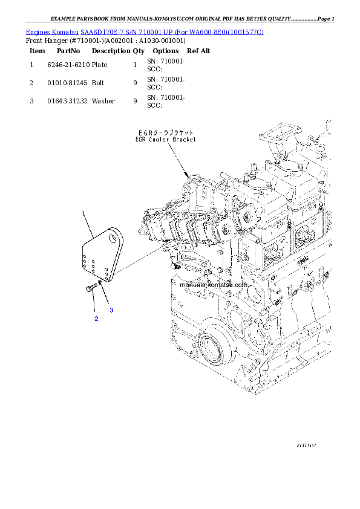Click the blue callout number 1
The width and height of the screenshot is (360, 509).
point(83,213)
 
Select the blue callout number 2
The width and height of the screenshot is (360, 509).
point(96,318)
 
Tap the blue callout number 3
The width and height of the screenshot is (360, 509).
point(111,310)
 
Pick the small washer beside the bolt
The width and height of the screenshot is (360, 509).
point(99,282)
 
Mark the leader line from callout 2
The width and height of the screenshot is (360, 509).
point(94,305)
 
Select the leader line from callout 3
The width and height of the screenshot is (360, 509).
point(105,296)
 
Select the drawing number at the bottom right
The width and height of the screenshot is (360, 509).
point(307,444)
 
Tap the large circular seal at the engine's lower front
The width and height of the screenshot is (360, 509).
point(215,345)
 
